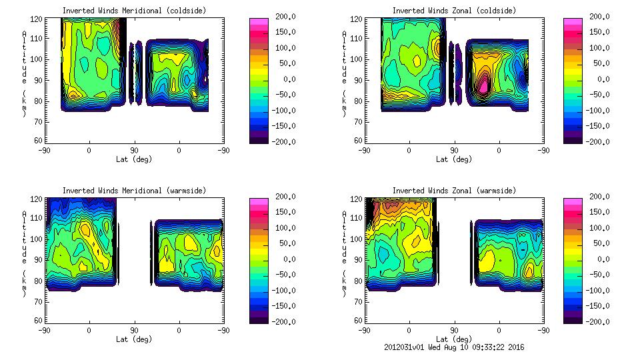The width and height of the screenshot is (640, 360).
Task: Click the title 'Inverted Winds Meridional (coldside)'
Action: pyautogui.click(x=133, y=11)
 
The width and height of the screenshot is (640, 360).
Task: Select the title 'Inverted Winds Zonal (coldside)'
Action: pyautogui.click(x=454, y=11)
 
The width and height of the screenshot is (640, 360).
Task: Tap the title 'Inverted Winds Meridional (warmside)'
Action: pyautogui.click(x=133, y=191)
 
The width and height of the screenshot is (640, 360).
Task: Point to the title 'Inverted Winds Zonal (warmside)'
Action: pyautogui.click(x=454, y=191)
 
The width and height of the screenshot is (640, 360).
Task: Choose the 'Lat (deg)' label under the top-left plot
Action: pyautogui.click(x=133, y=159)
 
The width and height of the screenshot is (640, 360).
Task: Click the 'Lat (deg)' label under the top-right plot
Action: pyautogui.click(x=454, y=159)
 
